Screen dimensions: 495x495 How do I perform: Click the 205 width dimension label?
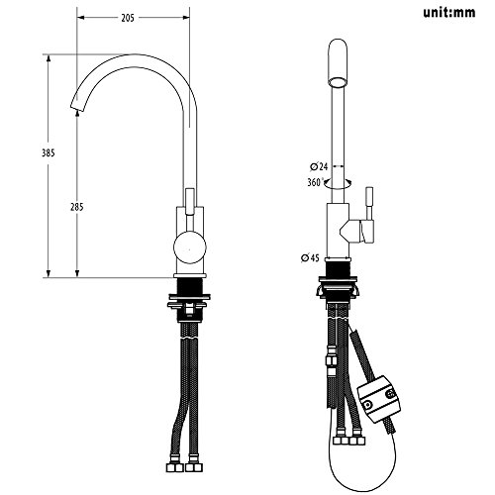pyautogui.click(x=128, y=18)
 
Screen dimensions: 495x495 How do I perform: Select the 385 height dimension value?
pyautogui.click(x=49, y=153)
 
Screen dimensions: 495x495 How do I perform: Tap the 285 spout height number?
pyautogui.click(x=77, y=207)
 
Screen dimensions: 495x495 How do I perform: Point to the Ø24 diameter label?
pyautogui.click(x=319, y=166)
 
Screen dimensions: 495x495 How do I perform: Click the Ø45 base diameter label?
pyautogui.click(x=310, y=257)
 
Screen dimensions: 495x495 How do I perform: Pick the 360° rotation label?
pyautogui.click(x=315, y=182)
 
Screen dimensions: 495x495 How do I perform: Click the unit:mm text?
pyautogui.click(x=449, y=13)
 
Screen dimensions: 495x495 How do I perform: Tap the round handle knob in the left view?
pyautogui.click(x=190, y=247)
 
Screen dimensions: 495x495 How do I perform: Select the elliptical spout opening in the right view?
pyautogui.click(x=339, y=81)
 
